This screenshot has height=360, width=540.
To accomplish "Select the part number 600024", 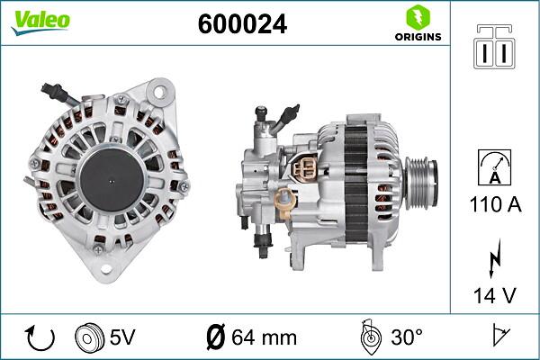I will [242, 24].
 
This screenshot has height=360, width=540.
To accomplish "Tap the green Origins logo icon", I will [417, 17].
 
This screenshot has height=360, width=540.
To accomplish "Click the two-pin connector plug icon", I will [493, 47].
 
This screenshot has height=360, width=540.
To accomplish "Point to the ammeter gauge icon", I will [493, 168].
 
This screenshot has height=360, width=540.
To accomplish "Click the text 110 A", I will [493, 205].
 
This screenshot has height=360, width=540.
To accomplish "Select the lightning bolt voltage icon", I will [493, 261].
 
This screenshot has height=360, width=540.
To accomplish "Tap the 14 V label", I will [493, 293].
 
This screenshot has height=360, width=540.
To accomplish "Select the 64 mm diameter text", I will [252, 338].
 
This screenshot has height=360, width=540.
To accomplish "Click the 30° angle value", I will [405, 337].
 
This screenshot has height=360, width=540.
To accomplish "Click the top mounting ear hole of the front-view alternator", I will [159, 92].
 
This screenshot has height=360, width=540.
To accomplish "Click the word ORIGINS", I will [418, 37].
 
